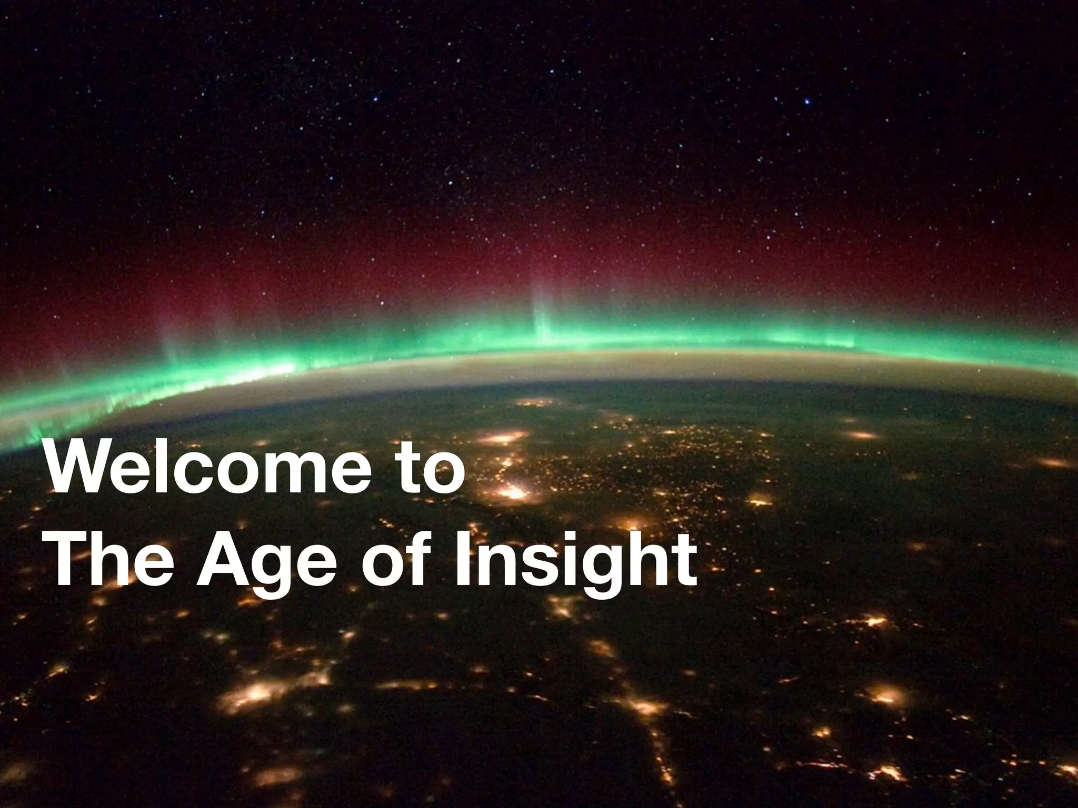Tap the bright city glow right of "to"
click(513, 493)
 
